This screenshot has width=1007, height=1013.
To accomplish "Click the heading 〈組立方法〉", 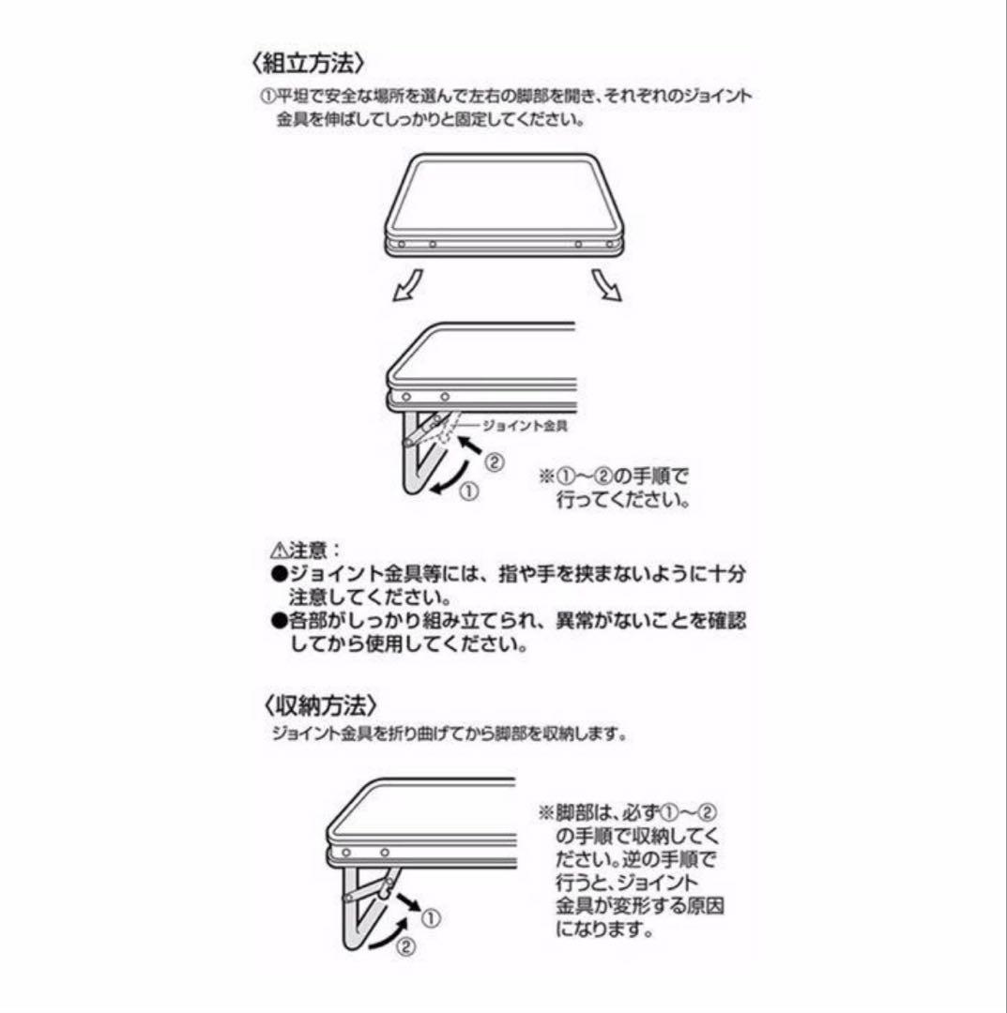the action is point(309,64).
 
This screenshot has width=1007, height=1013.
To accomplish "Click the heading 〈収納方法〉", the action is point(319,705).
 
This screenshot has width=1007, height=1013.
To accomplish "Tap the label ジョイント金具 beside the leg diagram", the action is point(525,426).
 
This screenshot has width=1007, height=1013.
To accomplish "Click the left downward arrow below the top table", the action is point(408,285).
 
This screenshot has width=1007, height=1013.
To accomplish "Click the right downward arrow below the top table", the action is point(607,285).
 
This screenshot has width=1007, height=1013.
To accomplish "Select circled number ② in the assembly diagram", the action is point(494,463).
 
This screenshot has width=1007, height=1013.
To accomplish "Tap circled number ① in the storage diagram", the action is point(431,918).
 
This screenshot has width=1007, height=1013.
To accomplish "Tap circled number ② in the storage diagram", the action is point(405,947).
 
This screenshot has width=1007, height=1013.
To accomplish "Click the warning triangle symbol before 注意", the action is point(280,552).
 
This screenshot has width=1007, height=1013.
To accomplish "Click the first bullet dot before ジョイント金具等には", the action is point(279,574).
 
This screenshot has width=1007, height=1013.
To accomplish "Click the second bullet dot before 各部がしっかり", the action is point(279,621).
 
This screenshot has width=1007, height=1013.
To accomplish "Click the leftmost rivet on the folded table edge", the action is point(402,245).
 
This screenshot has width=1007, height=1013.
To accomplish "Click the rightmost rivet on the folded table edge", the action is point(609,245).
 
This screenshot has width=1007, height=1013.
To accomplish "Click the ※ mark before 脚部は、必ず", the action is point(546,812).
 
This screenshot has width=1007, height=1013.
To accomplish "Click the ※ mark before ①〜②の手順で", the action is point(547,476).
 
